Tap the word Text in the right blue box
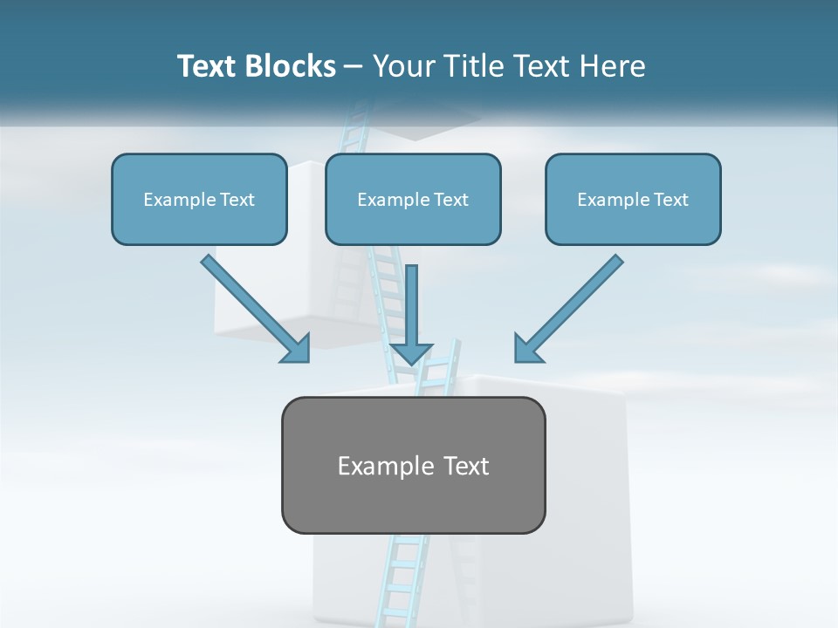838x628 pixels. tap(670, 200)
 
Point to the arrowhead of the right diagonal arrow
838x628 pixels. tap(526, 350)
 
